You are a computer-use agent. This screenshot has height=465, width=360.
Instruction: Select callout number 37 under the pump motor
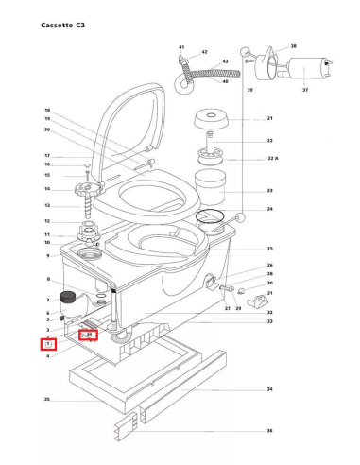pos(305,90)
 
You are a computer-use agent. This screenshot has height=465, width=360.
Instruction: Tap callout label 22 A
pos(273,159)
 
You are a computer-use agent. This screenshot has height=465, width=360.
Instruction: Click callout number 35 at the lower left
pos(46,401)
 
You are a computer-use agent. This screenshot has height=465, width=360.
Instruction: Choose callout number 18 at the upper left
pos(47,111)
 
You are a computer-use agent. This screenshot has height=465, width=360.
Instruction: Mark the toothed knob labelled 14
pos(86,188)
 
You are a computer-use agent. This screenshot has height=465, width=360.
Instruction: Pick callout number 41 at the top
pos(181,46)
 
